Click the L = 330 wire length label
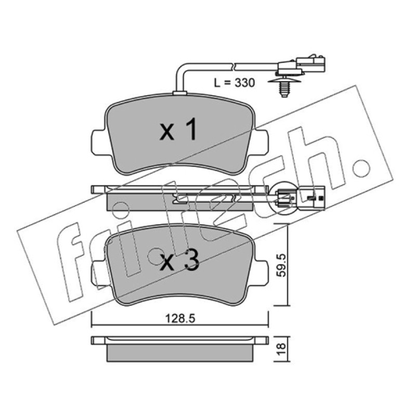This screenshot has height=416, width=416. (x=235, y=83)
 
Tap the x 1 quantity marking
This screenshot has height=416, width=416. (x=178, y=129)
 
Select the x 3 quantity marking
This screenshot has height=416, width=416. (x=179, y=261)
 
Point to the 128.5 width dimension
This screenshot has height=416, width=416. (x=180, y=318)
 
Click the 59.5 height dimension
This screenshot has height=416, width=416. (x=281, y=265)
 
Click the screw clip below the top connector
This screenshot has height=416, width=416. (x=284, y=86)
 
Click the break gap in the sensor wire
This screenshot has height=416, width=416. (x=233, y=67)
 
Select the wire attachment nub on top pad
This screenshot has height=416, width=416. (x=179, y=93)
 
